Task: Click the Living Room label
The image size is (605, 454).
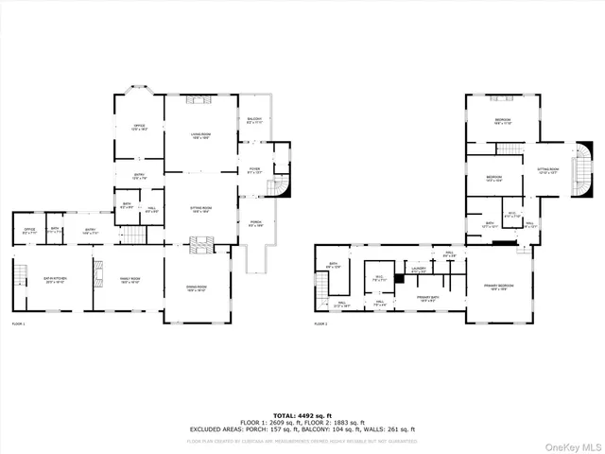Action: [200, 136]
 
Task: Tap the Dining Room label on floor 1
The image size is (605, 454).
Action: [196, 288]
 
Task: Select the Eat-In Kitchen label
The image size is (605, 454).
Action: [55, 280]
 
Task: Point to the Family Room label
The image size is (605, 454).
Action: [130, 280]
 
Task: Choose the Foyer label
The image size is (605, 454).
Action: [254, 170]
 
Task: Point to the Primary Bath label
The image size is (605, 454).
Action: [430, 298]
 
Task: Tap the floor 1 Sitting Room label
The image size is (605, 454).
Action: [200, 210]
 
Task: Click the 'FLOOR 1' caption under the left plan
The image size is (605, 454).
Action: [18, 324]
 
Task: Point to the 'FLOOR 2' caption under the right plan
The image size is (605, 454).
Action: [321, 324]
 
